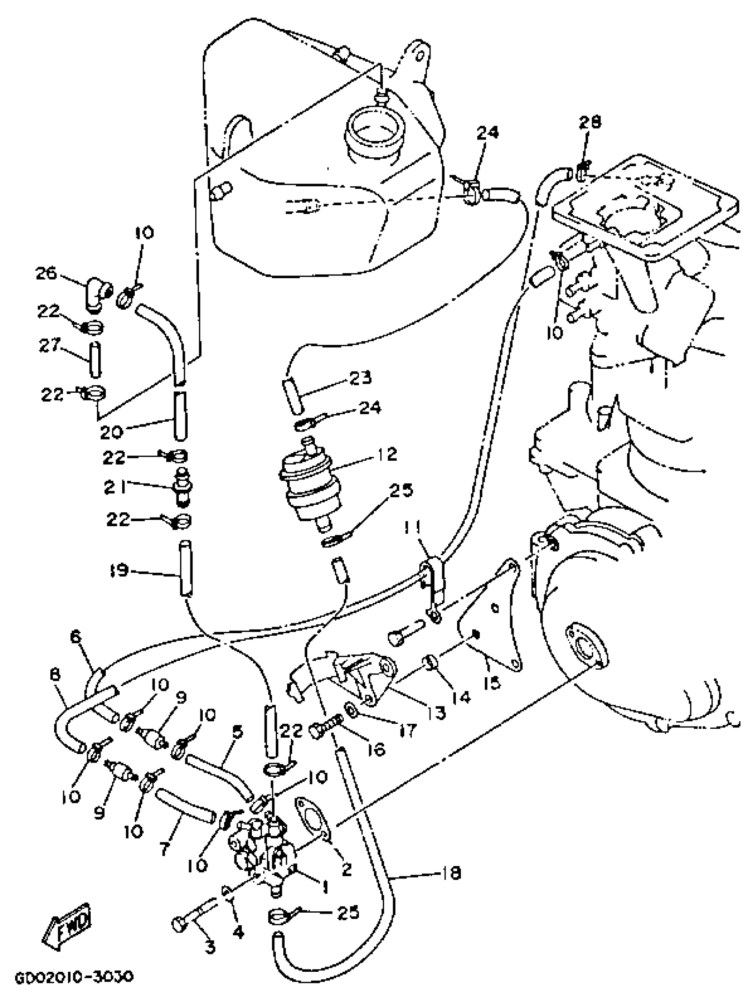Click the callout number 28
pos(590,122)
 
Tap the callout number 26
pos(46,274)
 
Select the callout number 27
pos(49,345)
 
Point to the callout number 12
pos(386,454)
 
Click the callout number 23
pos(360,377)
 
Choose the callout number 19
pos(119,570)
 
